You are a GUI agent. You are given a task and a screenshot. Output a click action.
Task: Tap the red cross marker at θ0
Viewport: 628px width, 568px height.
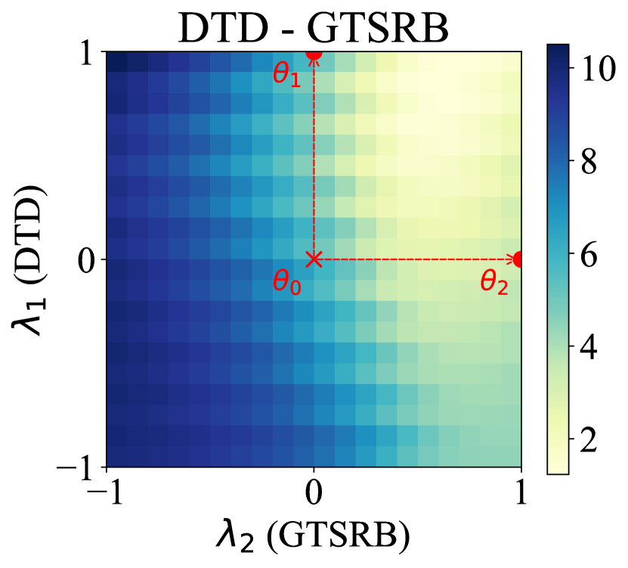314,259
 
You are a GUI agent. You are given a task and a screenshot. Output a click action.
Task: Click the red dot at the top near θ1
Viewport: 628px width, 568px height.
314,53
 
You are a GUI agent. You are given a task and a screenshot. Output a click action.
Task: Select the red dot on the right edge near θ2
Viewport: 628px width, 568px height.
519,259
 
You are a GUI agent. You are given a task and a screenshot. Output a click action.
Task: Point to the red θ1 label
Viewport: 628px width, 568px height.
287,75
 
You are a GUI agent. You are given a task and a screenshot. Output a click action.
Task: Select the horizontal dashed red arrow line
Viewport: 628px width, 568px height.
416,259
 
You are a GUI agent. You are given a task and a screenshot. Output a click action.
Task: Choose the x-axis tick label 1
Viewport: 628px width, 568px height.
520,495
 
